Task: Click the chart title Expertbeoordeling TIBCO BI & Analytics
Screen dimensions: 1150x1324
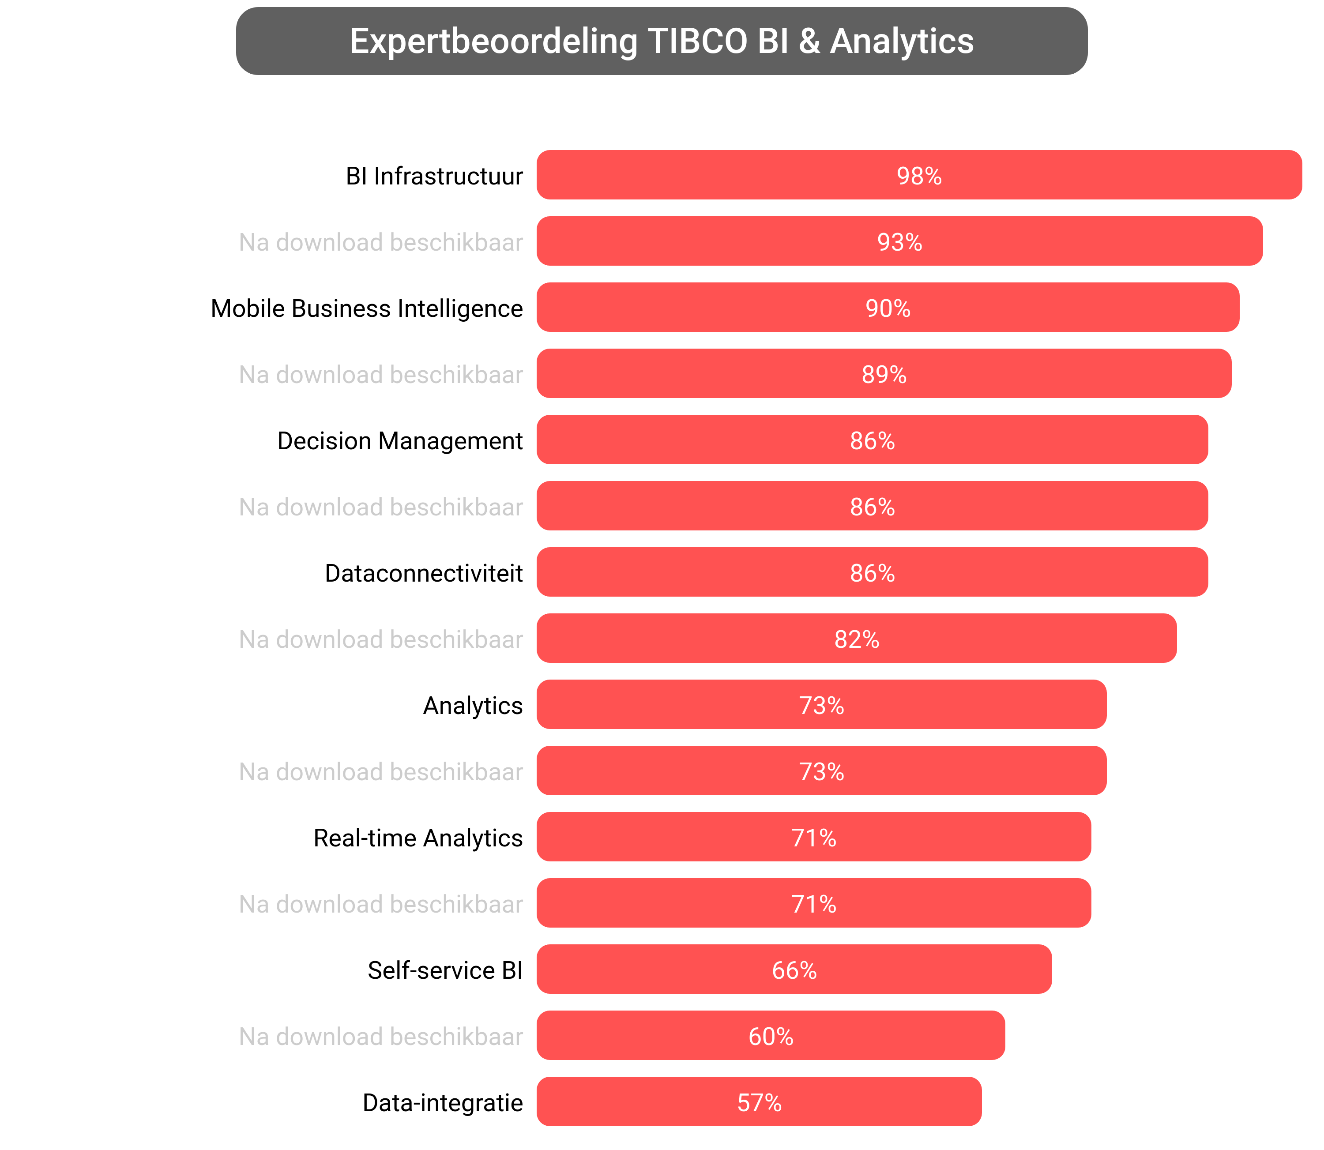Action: click(661, 41)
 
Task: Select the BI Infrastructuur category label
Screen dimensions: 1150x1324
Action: click(434, 176)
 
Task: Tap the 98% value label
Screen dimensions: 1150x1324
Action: click(918, 176)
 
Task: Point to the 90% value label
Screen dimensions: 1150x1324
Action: click(888, 308)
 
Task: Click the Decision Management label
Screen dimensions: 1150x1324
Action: click(400, 441)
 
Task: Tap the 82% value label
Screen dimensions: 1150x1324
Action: click(856, 639)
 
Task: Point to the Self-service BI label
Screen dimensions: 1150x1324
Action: click(445, 970)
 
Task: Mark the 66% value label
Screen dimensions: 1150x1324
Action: click(794, 970)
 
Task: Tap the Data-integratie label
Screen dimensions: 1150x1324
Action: click(442, 1102)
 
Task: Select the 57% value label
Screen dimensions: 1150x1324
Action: click(759, 1102)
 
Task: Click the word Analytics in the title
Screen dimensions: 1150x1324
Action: click(902, 41)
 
